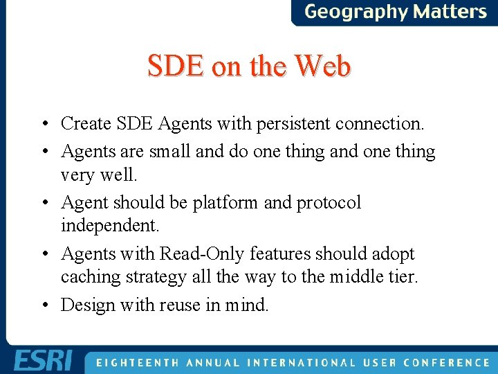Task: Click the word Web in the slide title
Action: [x=322, y=66]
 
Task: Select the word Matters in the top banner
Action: [x=450, y=12]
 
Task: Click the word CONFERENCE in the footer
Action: [x=447, y=362]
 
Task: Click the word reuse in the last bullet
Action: [x=181, y=305]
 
